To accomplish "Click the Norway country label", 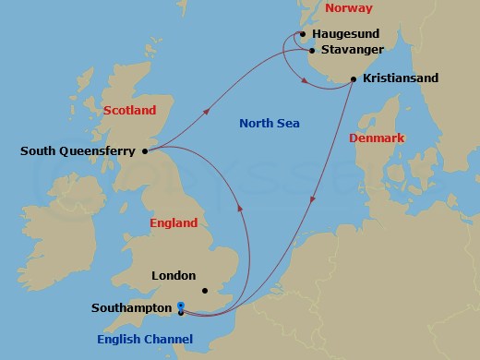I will pyautogui.click(x=351, y=8).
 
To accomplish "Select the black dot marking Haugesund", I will pyautogui.click(x=303, y=34).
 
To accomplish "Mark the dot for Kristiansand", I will pyautogui.click(x=354, y=80).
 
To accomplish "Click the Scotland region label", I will pyautogui.click(x=130, y=110).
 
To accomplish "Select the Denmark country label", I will pyautogui.click(x=377, y=138).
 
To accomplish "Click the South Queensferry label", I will pyautogui.click(x=78, y=150).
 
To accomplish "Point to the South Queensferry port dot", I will pyautogui.click(x=145, y=151).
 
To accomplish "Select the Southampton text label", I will pyautogui.click(x=132, y=308).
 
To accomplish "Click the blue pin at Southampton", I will pyautogui.click(x=181, y=308).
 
